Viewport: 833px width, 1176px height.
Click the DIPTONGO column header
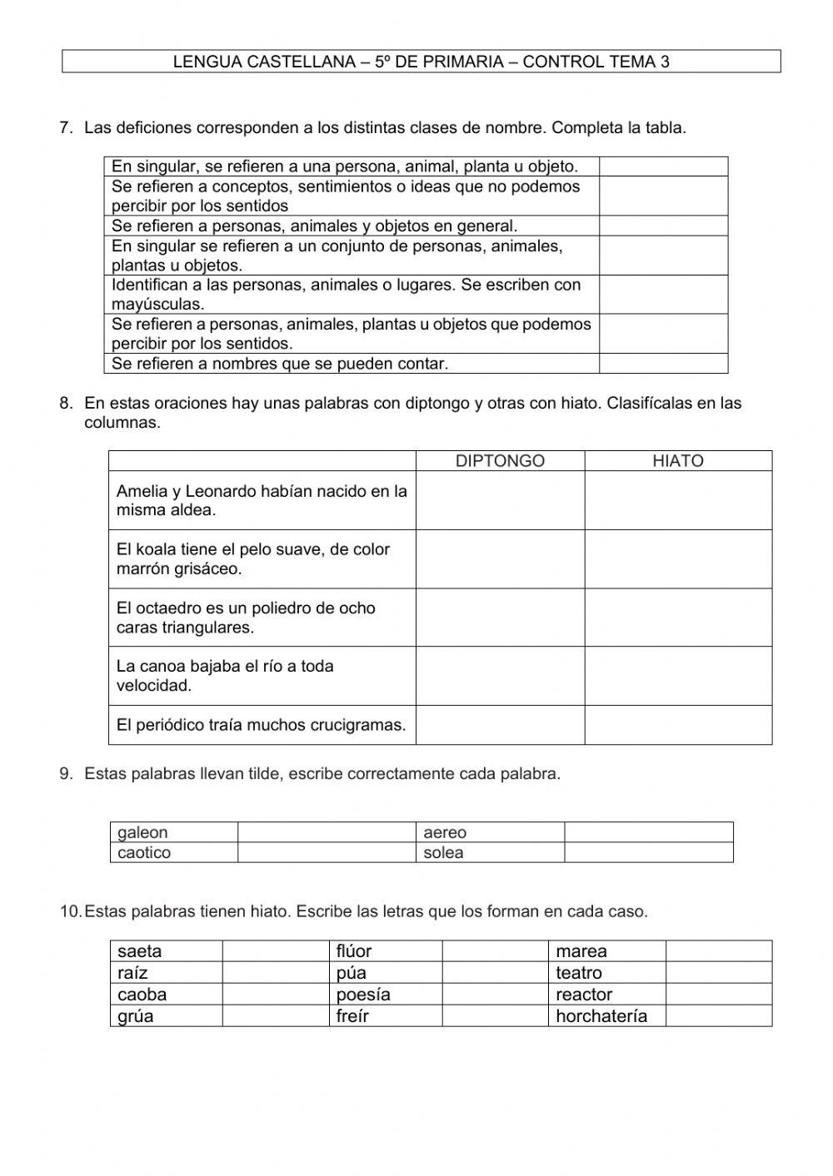point(500,461)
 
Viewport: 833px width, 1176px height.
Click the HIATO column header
point(677,461)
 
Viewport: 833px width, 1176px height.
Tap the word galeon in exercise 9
point(142,832)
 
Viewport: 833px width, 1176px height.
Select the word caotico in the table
point(144,852)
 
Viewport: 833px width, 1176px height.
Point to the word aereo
point(445,832)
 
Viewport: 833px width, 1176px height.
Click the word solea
point(443,852)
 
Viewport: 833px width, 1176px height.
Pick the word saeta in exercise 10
point(140,951)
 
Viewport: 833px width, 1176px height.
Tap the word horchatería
point(601,1015)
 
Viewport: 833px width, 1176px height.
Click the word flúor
point(354,951)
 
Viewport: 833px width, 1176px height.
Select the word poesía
point(363,995)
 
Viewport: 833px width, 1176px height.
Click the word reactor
point(584,995)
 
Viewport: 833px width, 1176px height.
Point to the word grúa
point(136,1015)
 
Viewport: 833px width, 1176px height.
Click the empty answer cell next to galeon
point(327,832)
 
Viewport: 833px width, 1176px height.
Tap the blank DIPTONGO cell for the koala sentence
point(500,559)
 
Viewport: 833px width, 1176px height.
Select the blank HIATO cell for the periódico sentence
point(677,725)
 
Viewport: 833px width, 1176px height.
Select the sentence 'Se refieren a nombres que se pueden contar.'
point(280,364)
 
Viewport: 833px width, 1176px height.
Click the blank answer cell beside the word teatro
point(718,973)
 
